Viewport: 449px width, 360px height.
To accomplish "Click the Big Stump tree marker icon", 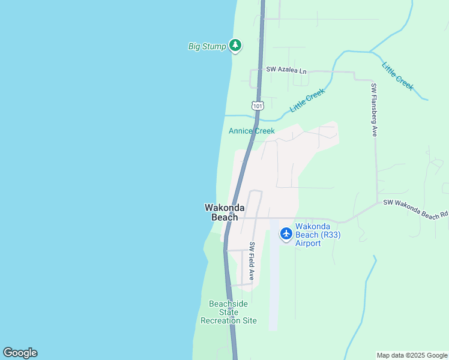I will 235,46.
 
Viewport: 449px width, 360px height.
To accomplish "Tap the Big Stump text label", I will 207,46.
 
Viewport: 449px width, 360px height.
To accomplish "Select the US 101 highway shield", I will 258,106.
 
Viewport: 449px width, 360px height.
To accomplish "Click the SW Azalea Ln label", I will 287,70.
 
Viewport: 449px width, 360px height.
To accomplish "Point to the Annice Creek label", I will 252,131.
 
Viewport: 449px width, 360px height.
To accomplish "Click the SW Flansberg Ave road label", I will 374,110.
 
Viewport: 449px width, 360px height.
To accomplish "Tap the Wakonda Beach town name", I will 224,212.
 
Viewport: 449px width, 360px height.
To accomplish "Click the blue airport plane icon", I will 286,233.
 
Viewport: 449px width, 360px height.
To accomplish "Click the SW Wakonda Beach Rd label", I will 415,208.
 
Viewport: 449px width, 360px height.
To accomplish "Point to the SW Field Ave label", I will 252,262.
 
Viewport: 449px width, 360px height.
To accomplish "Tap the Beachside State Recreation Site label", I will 228,312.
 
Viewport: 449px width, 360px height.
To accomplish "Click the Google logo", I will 20,353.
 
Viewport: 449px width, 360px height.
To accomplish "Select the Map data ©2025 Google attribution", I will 412,355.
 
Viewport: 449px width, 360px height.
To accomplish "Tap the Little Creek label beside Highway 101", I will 307,100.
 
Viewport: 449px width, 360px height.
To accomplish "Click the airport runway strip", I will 274,282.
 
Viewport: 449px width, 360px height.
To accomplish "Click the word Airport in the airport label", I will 308,244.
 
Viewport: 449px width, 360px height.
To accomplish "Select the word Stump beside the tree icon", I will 215,46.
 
